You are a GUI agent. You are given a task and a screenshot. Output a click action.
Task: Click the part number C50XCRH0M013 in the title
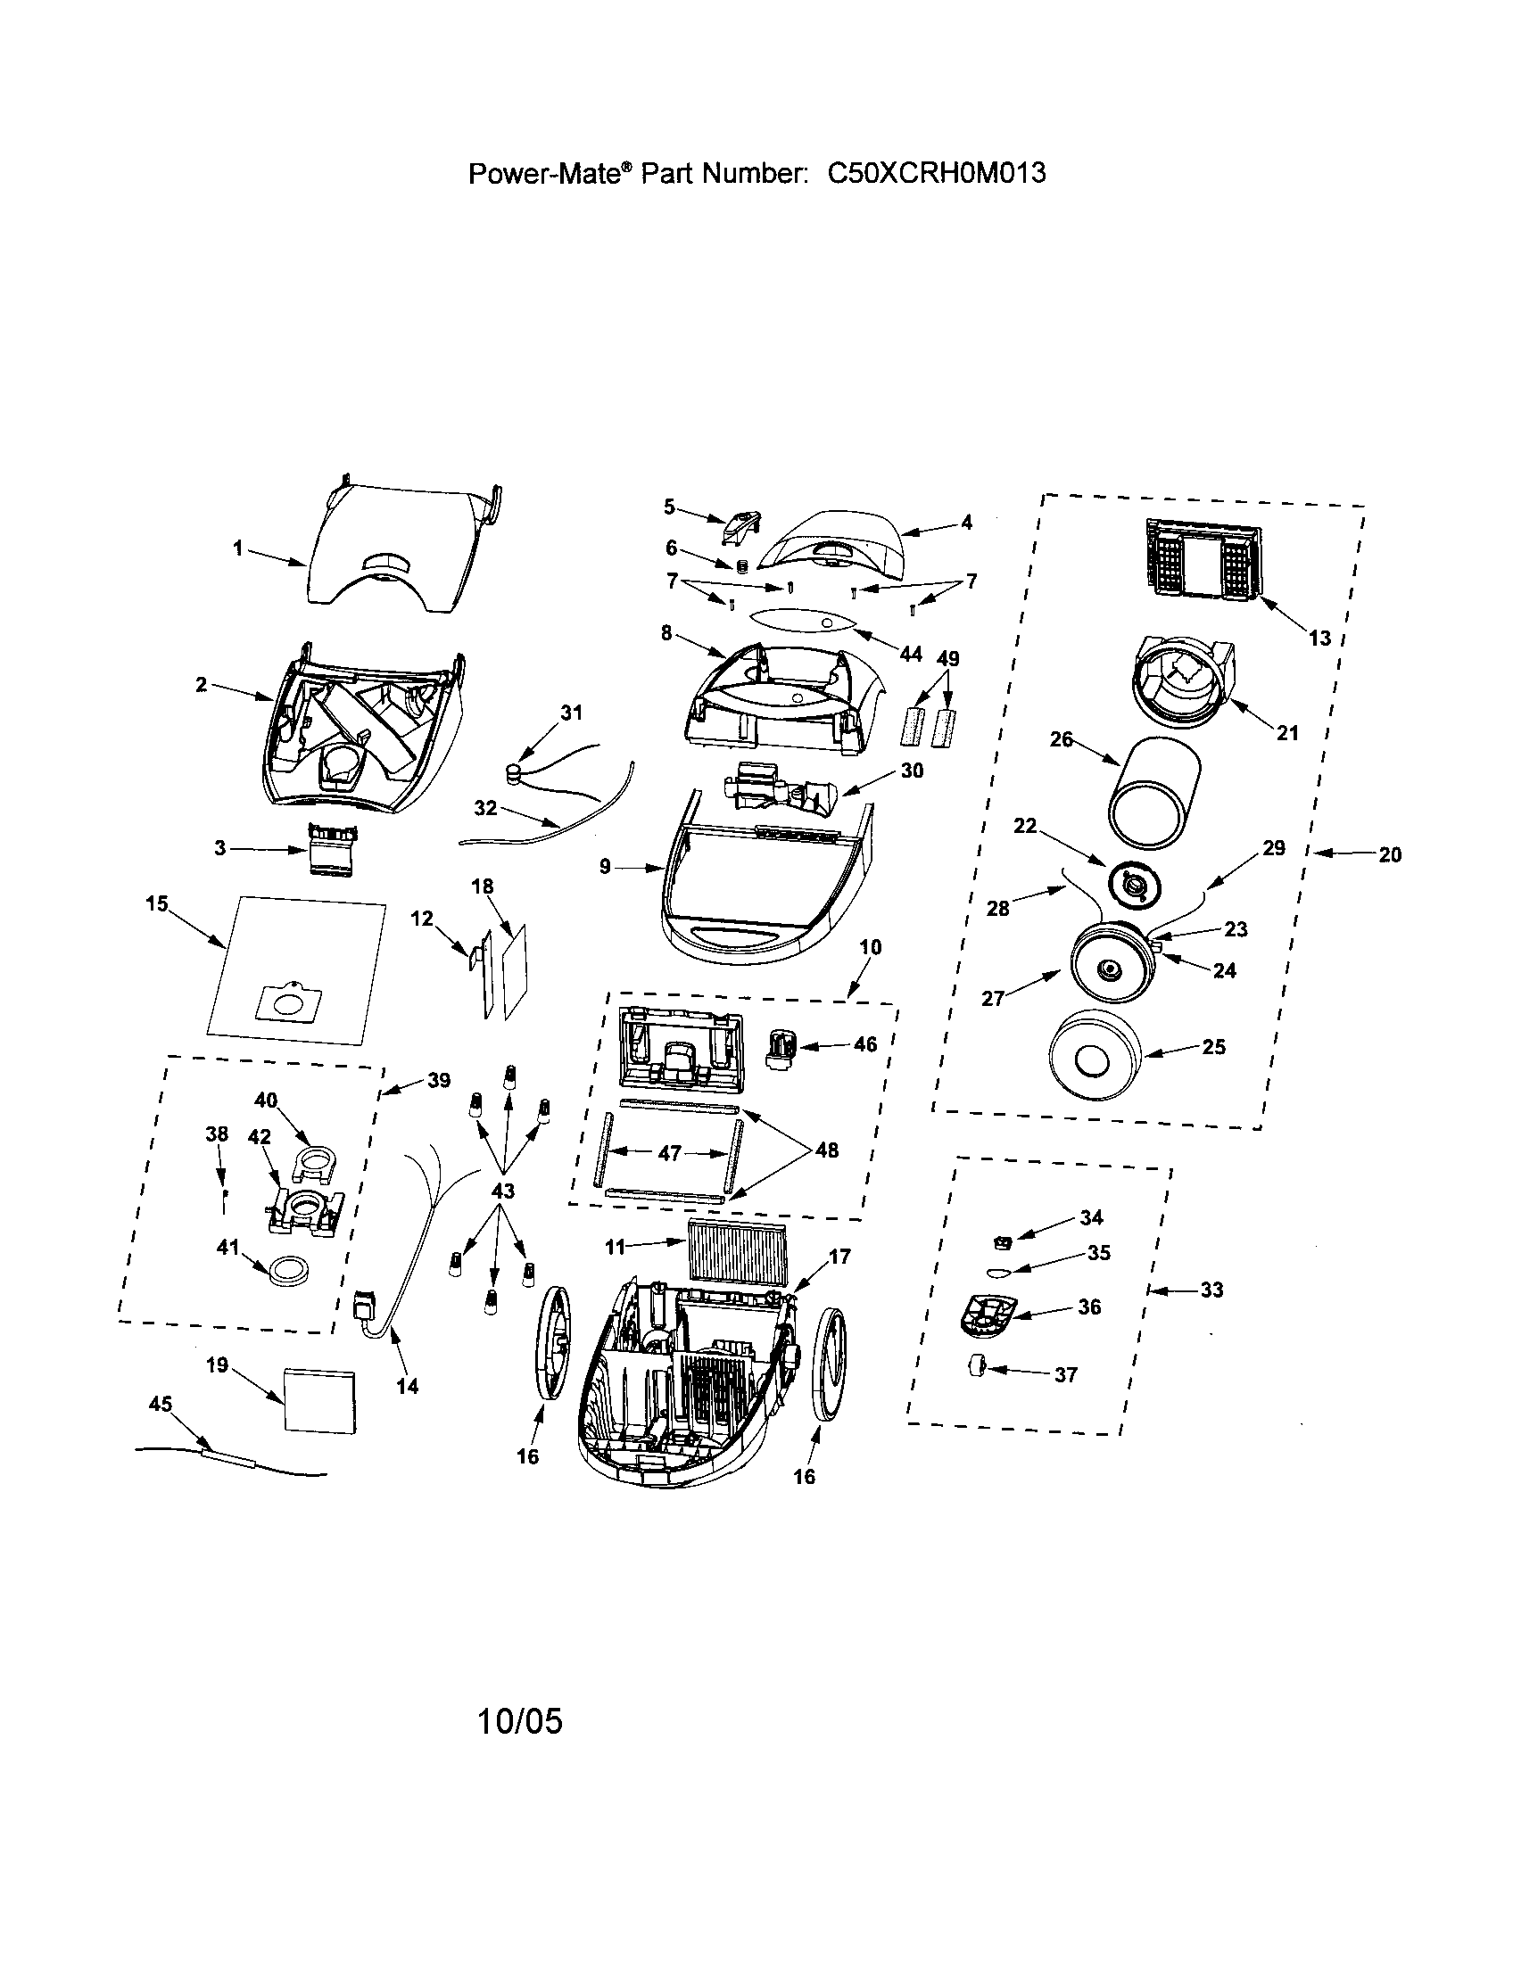click(936, 172)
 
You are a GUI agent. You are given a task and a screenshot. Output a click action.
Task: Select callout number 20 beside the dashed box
click(1389, 855)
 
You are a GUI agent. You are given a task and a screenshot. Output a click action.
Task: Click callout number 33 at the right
click(1212, 1290)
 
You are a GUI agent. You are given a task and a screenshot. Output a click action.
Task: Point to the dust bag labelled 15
click(296, 972)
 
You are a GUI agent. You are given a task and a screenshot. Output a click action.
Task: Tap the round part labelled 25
click(1098, 1056)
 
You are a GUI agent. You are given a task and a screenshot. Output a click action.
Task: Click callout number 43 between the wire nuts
click(502, 1191)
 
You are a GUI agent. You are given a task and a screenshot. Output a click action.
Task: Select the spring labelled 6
click(743, 566)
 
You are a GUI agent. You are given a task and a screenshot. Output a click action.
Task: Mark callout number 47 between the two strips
click(669, 1152)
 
